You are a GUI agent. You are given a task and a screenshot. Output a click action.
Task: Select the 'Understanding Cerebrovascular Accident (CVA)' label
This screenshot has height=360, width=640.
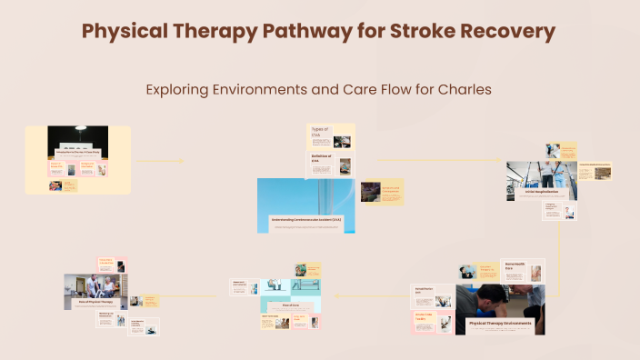coord(305,220)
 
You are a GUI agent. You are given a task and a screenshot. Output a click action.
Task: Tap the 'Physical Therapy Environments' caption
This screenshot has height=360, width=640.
coord(502,323)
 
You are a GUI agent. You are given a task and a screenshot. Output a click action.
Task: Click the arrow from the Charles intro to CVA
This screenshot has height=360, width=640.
coord(159,162)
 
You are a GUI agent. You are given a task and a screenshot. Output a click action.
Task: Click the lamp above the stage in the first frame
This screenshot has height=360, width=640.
coord(78,130)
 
